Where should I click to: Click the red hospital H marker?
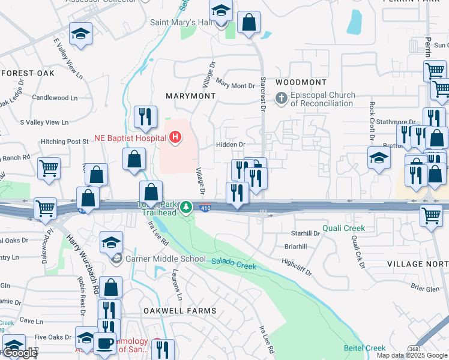point(175,139)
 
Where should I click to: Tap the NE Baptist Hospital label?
point(130,138)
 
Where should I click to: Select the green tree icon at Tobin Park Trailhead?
point(187,208)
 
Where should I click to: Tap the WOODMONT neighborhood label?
point(301,82)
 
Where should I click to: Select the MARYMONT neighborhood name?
point(191,96)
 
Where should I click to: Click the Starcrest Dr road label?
point(262,92)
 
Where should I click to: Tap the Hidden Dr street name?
point(231,145)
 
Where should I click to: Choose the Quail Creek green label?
point(343,228)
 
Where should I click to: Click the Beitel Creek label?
point(364,348)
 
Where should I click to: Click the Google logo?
point(20,353)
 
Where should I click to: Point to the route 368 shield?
point(413,349)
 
